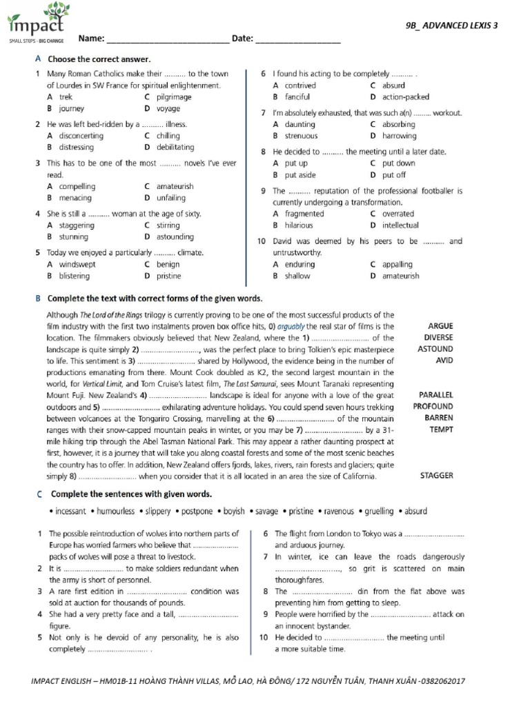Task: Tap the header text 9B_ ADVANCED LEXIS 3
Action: tap(451, 26)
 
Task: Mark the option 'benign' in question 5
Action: tap(168, 265)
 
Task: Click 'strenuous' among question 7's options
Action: tap(301, 136)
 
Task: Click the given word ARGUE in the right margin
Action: tap(440, 327)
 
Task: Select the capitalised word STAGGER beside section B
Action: tap(436, 476)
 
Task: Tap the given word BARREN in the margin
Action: tap(438, 418)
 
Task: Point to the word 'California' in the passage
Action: tap(353, 476)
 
